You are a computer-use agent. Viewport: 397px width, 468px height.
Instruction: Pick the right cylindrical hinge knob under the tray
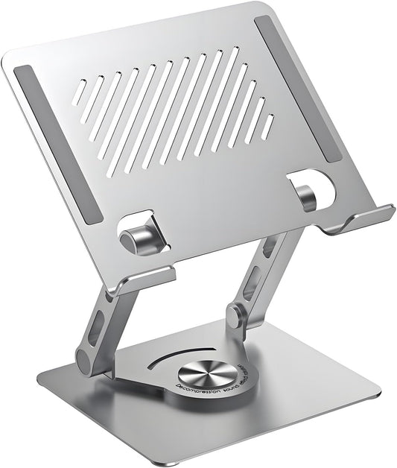point(305,195)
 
